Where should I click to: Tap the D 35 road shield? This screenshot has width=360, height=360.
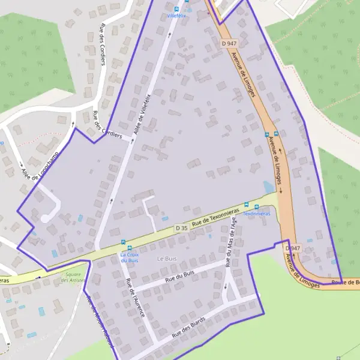pos(182,228)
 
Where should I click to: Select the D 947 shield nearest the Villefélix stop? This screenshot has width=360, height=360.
pos(229,43)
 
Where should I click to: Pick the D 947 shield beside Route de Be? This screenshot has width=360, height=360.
pos(292,248)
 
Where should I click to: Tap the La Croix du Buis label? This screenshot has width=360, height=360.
pos(130,257)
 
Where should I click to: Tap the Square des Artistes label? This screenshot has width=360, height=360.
pos(73,278)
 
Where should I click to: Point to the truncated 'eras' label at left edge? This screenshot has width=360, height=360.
pos(4,280)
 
